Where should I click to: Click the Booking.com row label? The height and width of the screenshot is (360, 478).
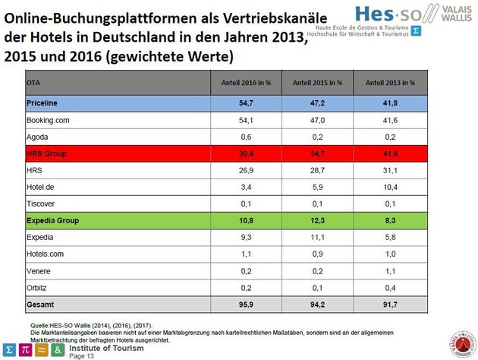pyautogui.click(x=48, y=119)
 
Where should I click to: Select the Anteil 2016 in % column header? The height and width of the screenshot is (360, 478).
pyautogui.click(x=244, y=82)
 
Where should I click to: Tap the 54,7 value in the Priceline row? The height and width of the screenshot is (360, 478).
pyautogui.click(x=244, y=102)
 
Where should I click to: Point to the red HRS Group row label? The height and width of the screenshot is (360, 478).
pyautogui.click(x=46, y=153)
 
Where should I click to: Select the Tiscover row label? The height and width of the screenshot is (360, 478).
pyautogui.click(x=42, y=204)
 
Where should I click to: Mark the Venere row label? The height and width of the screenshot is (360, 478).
pyautogui.click(x=39, y=271)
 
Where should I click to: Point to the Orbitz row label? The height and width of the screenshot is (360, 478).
pyautogui.click(x=38, y=289)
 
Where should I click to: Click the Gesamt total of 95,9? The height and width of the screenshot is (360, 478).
pyautogui.click(x=244, y=305)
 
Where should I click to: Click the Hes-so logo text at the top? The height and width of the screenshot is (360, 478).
pyautogui.click(x=372, y=12)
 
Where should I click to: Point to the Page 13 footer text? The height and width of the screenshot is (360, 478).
pyautogui.click(x=82, y=355)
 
